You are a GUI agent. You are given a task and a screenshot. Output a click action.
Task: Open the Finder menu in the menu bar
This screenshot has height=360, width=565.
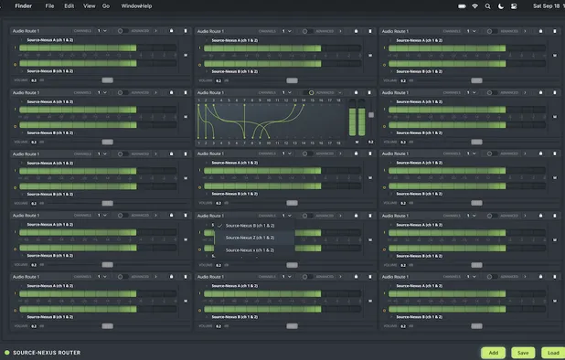tap(23, 5)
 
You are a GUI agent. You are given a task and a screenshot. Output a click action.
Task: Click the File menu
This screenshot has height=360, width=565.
tap(49, 5)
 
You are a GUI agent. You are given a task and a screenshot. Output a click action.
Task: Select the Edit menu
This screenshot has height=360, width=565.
tap(69, 5)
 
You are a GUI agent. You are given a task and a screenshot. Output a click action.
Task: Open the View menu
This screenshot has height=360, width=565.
tap(89, 5)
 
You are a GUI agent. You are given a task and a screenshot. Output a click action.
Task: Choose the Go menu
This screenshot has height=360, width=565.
tap(106, 5)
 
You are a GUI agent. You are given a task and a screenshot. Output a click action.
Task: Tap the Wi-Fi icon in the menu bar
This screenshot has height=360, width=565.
tap(474, 5)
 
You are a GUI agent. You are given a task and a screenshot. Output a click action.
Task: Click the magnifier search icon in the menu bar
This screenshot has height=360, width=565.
tap(487, 5)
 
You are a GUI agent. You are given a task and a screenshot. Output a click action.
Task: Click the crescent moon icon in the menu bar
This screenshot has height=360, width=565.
tap(500, 5)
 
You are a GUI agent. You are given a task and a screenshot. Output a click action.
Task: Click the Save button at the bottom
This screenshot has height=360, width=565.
tap(523, 352)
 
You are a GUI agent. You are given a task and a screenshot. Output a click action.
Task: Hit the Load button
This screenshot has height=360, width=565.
tap(552, 352)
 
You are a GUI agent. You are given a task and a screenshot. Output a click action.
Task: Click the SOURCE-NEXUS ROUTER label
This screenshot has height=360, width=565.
tap(46, 352)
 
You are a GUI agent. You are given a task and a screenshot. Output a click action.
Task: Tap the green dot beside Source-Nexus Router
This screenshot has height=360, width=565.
tap(6, 352)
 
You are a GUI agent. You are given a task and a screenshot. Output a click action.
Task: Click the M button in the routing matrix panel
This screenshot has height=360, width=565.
tap(357, 142)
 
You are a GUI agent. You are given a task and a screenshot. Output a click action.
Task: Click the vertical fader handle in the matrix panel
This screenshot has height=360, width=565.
tap(370, 115)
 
